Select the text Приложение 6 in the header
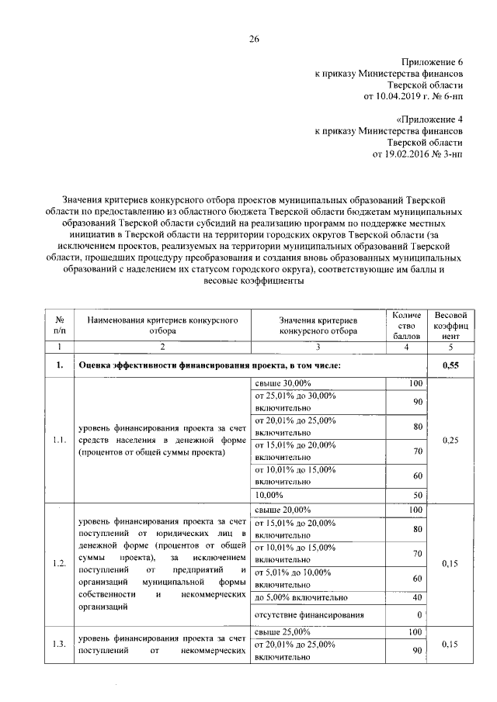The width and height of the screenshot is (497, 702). coord(432,61)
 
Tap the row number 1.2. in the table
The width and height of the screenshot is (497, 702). coord(58,563)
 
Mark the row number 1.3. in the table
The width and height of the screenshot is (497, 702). coord(58,643)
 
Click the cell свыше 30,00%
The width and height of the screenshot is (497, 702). coord(283,384)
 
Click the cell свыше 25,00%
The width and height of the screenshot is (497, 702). coord(283,631)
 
